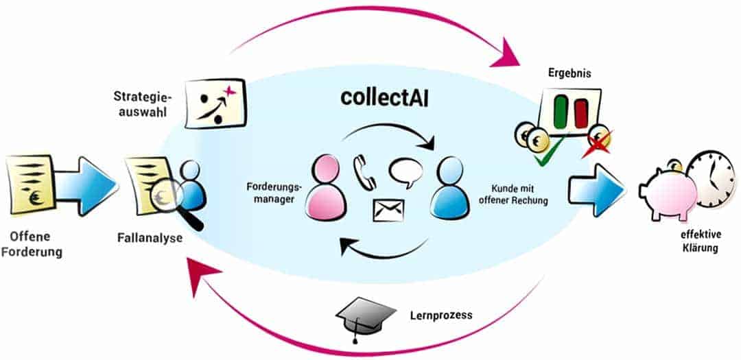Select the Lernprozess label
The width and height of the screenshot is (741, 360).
click(442, 315)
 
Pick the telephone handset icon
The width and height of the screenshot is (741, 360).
click(364, 172)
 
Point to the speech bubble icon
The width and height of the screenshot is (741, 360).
click(406, 173)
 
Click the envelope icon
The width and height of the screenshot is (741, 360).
click(388, 211)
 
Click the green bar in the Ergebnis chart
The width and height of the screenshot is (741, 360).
click(561, 112)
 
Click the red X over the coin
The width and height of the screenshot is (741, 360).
click(596, 145)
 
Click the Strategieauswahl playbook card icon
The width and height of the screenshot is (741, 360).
click(215, 103)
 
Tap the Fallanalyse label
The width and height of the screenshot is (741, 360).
click(150, 239)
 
